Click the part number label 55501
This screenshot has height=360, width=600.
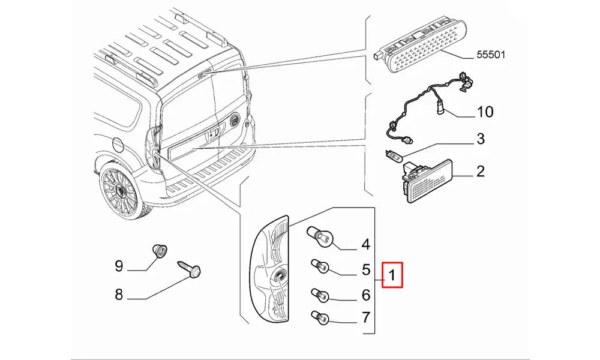click(491, 55)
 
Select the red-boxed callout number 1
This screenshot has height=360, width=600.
click(391, 276)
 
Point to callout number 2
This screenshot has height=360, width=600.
click(480, 172)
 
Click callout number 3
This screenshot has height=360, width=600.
click(480, 140)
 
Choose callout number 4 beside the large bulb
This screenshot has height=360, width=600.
click(365, 244)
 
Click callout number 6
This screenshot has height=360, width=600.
click(365, 295)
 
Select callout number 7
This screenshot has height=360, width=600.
click(365, 317)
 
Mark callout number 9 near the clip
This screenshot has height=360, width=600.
click(119, 265)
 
